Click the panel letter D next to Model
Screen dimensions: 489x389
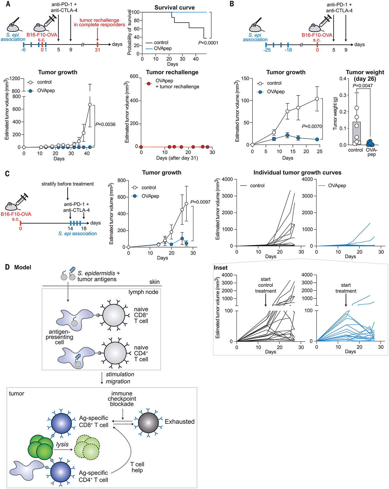point(8,267)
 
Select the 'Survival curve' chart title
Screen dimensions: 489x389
point(174,8)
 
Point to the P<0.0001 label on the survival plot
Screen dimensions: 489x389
point(208,43)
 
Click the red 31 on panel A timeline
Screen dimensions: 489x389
point(97,50)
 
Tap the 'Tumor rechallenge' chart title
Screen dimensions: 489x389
point(172,72)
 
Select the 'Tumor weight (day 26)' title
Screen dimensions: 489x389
point(365,75)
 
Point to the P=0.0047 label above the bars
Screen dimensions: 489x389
point(363,86)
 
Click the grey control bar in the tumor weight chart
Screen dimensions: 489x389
point(357,133)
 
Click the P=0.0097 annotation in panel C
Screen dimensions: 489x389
point(200,202)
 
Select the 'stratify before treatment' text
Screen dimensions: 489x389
point(67,184)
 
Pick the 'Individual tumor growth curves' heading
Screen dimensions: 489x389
point(297,172)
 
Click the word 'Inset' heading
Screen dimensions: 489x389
point(221,268)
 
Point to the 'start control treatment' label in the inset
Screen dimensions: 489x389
point(266,285)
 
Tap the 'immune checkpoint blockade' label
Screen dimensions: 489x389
point(122,399)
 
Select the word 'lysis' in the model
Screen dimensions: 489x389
point(62,444)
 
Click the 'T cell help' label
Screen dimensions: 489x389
point(137,467)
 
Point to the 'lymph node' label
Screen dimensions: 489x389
point(143,292)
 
